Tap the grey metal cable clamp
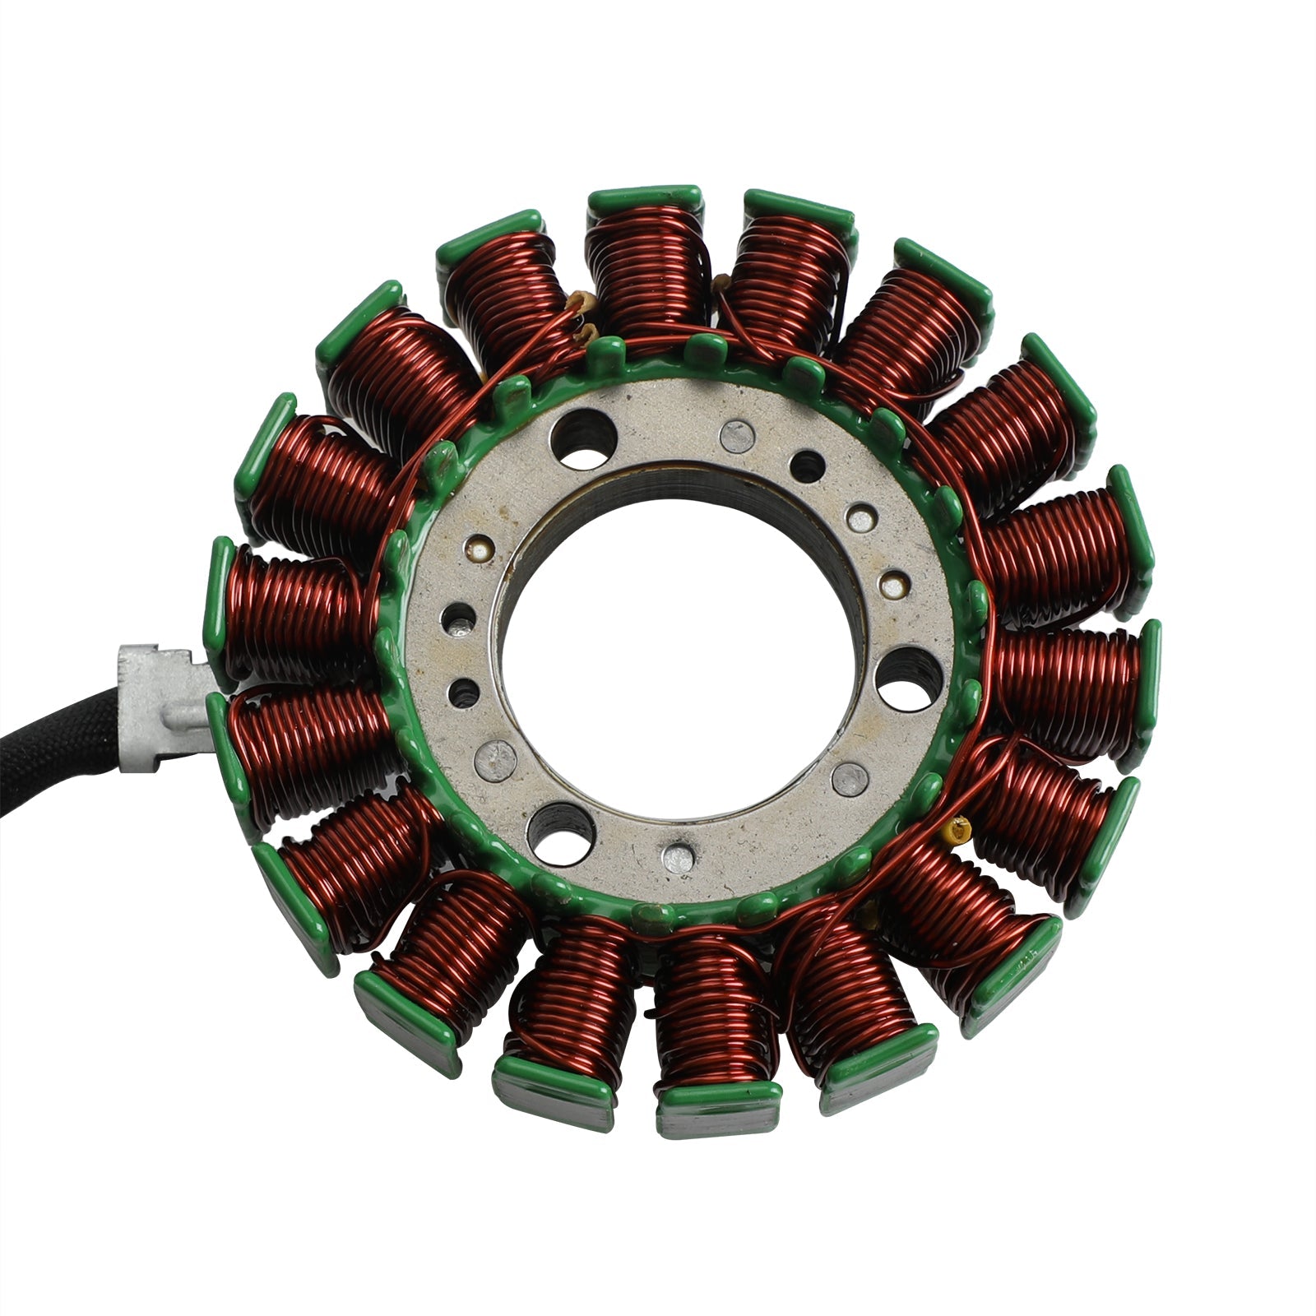(x=160, y=707)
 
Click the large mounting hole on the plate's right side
(x=906, y=678)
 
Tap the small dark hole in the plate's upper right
(x=806, y=467)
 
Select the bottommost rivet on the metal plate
(x=678, y=858)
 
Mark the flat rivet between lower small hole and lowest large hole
(x=498, y=754)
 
